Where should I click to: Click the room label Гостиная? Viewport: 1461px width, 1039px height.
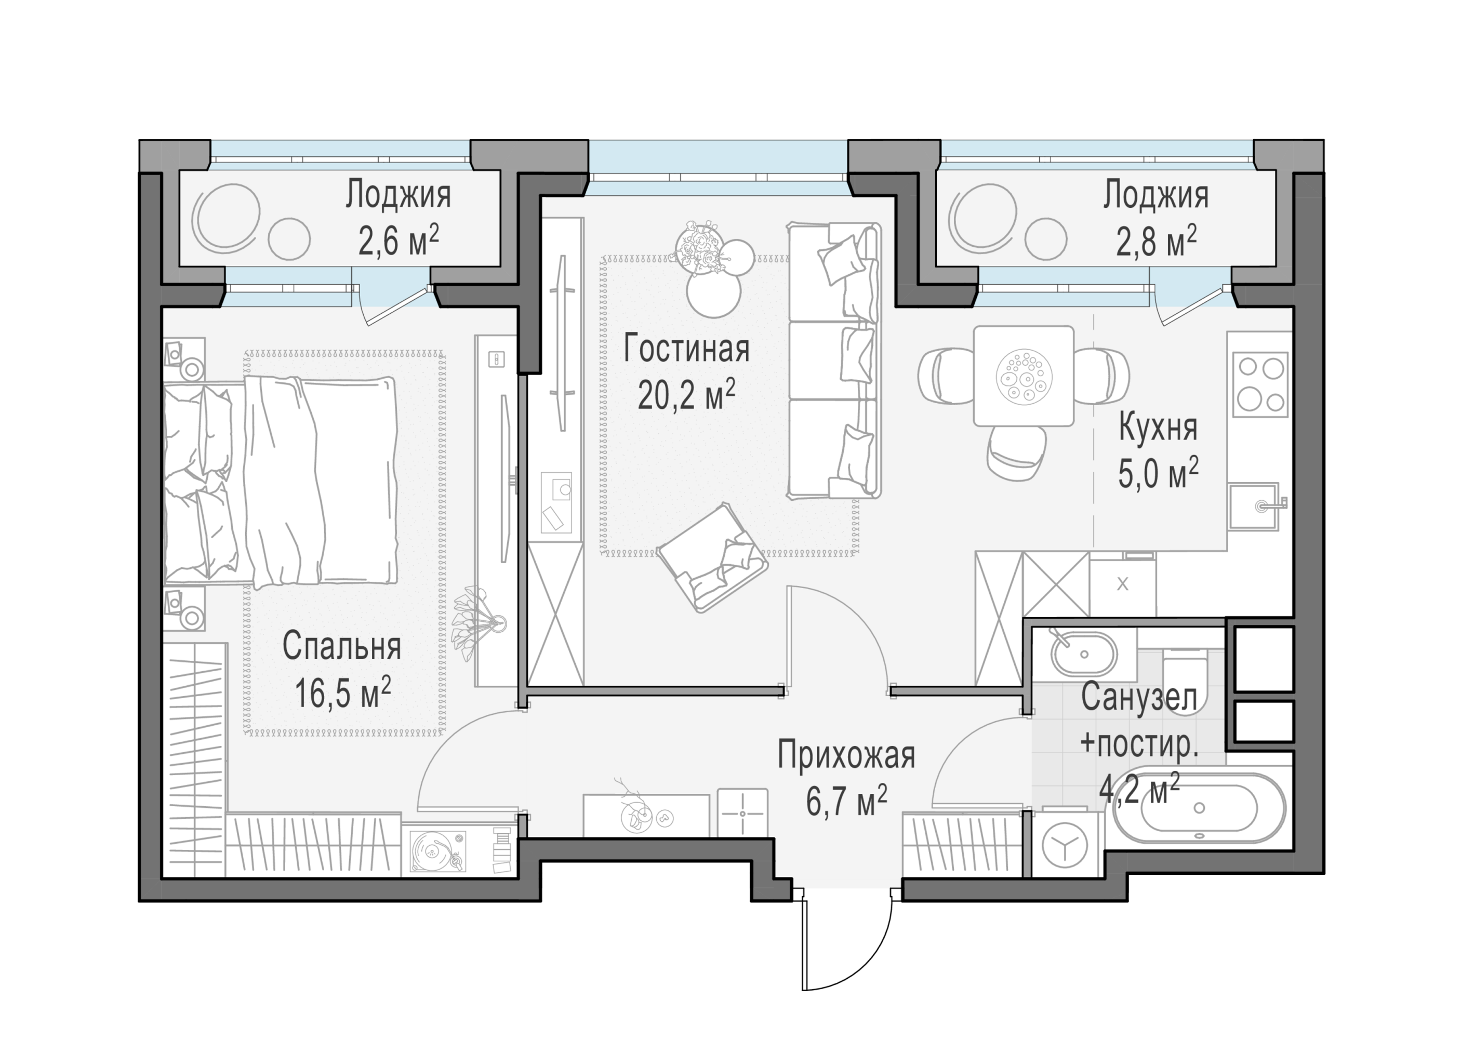(686, 349)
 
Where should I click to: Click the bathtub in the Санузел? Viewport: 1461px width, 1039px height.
(1199, 808)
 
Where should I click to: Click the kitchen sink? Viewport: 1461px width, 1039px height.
(1255, 506)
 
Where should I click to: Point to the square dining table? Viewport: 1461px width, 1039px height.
(1024, 376)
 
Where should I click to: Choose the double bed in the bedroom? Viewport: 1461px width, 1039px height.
(280, 481)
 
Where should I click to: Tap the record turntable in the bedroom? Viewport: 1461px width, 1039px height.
(437, 850)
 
